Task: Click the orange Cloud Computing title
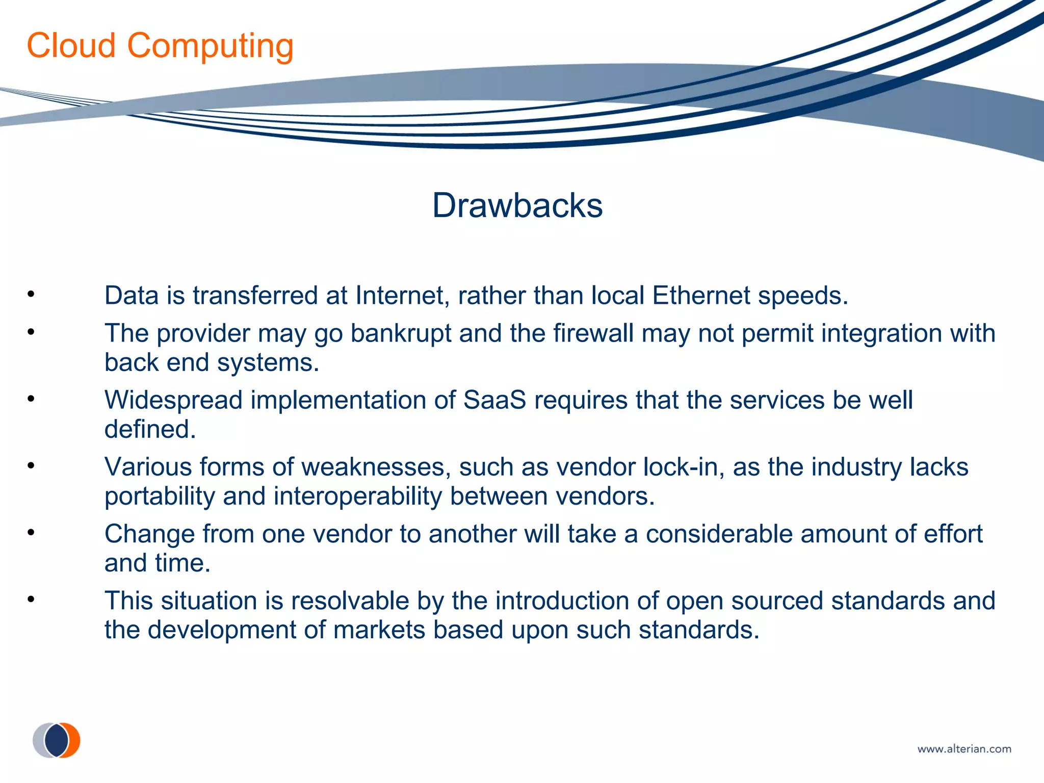tap(160, 46)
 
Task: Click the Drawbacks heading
tap(517, 205)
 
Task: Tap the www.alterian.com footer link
tap(964, 749)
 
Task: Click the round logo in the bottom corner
tap(57, 740)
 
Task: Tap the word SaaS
tap(494, 400)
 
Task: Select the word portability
tap(160, 497)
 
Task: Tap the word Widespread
tap(173, 400)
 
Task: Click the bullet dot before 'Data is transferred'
tap(31, 294)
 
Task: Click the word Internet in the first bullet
tap(402, 296)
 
